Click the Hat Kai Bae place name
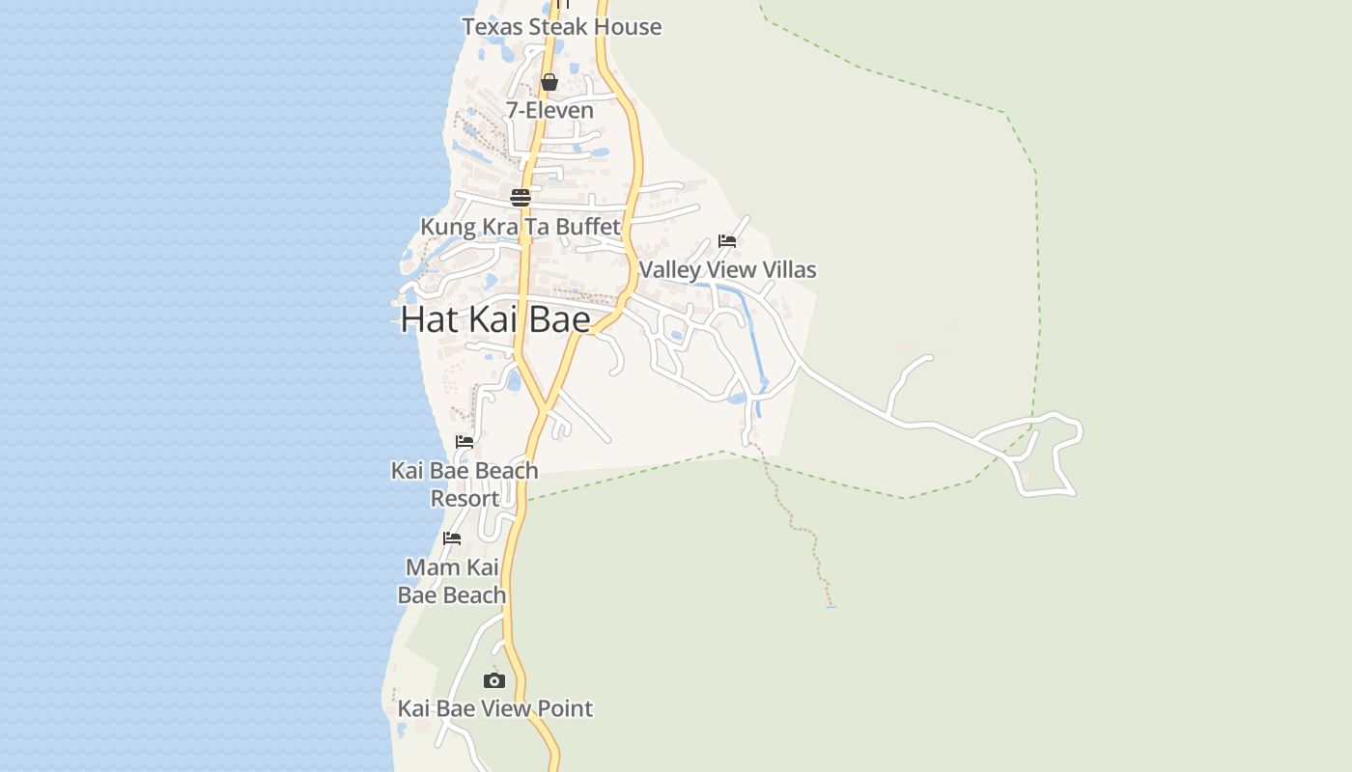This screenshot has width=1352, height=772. click(495, 318)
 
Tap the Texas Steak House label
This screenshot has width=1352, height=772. click(561, 27)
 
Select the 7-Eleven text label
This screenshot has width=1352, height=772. click(549, 111)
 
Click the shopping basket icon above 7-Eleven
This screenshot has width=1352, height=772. click(549, 82)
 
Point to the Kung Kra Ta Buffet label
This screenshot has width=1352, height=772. click(521, 227)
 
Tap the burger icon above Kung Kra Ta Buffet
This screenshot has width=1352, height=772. click(521, 198)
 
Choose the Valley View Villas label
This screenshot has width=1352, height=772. click(727, 270)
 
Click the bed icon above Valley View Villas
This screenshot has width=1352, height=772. click(727, 240)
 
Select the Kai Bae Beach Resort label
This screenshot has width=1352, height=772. click(465, 484)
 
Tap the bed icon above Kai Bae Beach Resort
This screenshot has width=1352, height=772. click(465, 442)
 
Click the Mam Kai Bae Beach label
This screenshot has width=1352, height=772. click(452, 581)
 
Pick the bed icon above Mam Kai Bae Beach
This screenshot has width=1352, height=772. click(452, 538)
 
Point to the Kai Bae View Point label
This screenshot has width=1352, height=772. click(494, 708)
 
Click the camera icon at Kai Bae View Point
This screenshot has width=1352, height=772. click(494, 680)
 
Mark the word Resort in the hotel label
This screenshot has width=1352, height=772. click(465, 499)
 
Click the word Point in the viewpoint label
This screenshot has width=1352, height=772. click(561, 708)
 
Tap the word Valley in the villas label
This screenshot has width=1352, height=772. click(669, 270)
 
